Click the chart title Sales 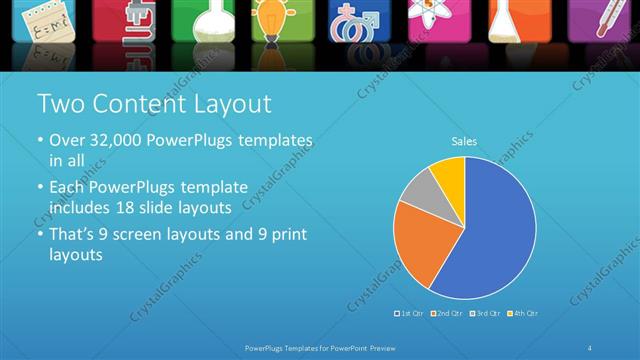point(463,142)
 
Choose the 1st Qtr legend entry point(411,313)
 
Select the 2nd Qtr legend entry point(446,313)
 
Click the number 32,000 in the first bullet point(110,140)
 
